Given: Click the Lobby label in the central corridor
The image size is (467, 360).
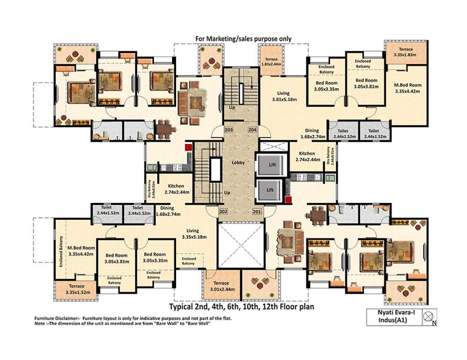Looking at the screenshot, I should (x=238, y=163).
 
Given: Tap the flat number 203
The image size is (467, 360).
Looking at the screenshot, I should (x=229, y=130).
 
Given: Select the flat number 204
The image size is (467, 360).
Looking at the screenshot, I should (x=252, y=130).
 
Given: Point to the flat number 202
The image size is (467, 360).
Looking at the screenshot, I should (x=223, y=211).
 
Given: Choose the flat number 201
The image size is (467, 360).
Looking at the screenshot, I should (x=257, y=211).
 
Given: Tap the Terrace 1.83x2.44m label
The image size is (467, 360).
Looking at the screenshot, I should (x=272, y=62).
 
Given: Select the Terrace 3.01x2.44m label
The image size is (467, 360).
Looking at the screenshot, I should (x=221, y=286).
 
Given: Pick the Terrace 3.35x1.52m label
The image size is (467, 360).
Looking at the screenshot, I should (x=76, y=289).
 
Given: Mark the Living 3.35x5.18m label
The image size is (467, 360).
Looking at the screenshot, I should (x=193, y=233).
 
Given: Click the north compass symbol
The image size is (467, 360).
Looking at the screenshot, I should (x=428, y=317).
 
